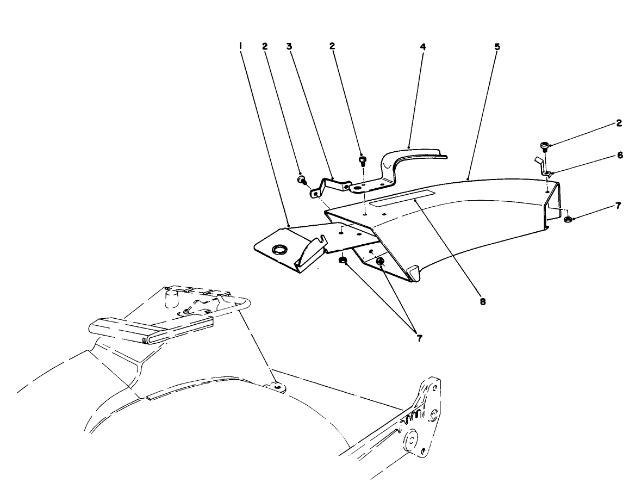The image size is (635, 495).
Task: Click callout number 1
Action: [x=239, y=47]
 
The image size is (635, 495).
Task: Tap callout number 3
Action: [x=289, y=47]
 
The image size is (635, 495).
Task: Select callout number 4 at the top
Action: [x=422, y=47]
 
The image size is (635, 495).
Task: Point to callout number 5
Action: [x=497, y=47]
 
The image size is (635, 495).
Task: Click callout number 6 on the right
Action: [x=619, y=155]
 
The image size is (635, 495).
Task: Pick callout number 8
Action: [x=482, y=300]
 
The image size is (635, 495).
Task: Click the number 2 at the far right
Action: [x=619, y=123]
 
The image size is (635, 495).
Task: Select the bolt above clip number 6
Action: [x=545, y=145]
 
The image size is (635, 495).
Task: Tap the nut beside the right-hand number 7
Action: [x=567, y=219]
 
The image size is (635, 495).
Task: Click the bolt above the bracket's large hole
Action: [x=363, y=160]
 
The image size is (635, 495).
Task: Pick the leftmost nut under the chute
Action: [x=343, y=261]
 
